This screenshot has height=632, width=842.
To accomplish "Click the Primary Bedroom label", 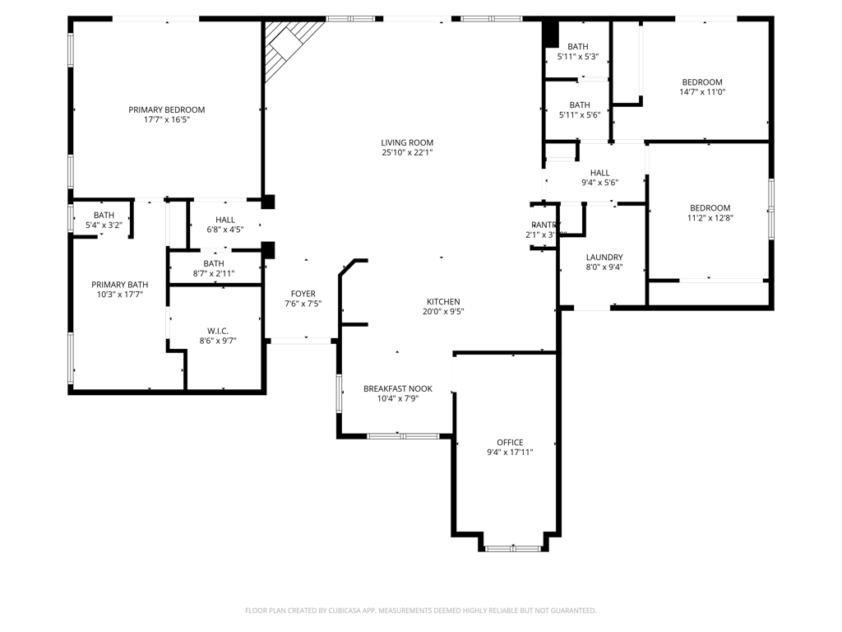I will point(166,109).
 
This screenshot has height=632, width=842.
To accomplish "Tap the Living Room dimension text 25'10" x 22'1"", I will point(407,152).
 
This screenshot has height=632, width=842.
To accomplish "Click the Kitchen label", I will point(443,302).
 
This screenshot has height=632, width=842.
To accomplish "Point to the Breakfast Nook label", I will point(398,388).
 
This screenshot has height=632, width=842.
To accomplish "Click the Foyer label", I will point(303,294).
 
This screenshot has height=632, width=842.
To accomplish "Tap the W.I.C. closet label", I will point(217,330).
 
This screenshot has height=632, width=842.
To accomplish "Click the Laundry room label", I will point(604,257).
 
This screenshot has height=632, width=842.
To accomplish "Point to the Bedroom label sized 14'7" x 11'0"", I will point(702,82).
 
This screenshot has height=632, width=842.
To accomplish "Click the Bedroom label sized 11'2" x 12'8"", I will point(710,208).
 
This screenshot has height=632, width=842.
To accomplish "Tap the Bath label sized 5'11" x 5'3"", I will point(578,47).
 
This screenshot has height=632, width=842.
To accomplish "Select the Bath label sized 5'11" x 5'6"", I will point(580,105).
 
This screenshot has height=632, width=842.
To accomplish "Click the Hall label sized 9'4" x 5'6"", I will point(600,173).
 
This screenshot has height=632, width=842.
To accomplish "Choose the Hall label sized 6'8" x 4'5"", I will point(225,220).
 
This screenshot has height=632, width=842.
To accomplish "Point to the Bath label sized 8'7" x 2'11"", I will point(214,263).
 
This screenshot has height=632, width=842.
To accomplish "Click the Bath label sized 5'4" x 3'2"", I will point(104,215).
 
